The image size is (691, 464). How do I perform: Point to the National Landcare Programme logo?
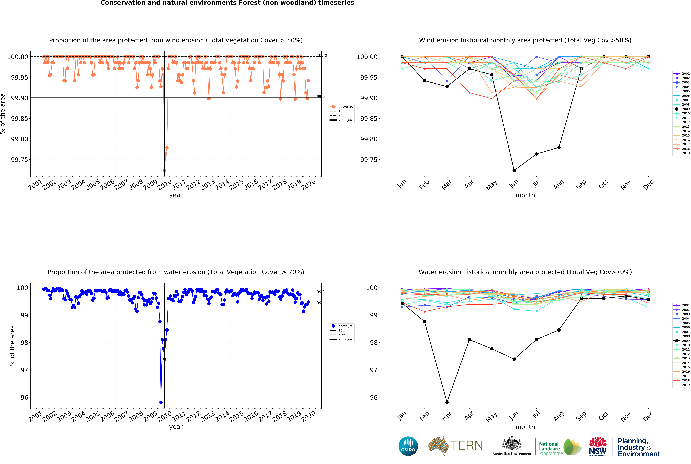point(560,447)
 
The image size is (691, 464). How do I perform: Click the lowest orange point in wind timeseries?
point(165,170)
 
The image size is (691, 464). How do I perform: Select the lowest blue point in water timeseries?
point(161,402)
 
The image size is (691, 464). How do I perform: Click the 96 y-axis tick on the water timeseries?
point(24,397)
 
